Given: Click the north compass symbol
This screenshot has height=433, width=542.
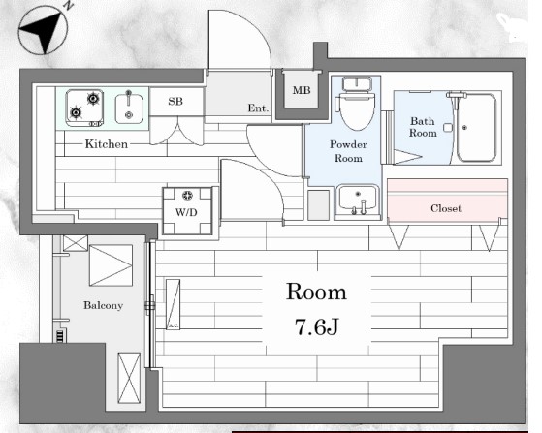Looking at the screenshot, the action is pyautogui.click(x=43, y=31).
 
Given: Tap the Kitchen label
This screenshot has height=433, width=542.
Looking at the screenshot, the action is pyautogui.click(x=107, y=144).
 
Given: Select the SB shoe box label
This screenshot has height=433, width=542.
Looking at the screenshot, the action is pyautogui.click(x=175, y=101).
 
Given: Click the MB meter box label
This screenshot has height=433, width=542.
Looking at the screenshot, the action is pyautogui.click(x=302, y=90).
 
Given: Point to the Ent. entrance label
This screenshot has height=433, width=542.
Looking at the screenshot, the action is pyautogui.click(x=258, y=108).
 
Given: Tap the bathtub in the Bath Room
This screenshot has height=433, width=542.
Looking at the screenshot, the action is pyautogui.click(x=476, y=128).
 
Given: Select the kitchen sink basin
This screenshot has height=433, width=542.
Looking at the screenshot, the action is pyautogui.click(x=129, y=108).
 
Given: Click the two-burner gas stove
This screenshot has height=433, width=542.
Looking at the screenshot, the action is pyautogui.click(x=84, y=108).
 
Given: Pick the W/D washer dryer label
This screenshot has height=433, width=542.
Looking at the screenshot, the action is pyautogui.click(x=186, y=212).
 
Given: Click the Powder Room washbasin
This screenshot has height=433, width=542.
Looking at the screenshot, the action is pyautogui.click(x=358, y=201).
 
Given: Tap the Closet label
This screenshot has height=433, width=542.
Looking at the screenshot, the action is pyautogui.click(x=446, y=208).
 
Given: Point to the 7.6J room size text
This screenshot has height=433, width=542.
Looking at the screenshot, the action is pyautogui.click(x=317, y=327).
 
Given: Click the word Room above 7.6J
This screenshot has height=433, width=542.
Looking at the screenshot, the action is pyautogui.click(x=316, y=293).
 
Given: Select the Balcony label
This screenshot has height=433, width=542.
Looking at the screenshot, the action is pyautogui.click(x=104, y=305).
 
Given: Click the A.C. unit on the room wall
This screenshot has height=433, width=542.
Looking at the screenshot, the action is pyautogui.click(x=173, y=304).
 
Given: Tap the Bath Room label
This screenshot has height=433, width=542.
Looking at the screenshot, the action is pyautogui.click(x=423, y=127).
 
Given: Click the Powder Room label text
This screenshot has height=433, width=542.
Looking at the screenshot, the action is pyautogui.click(x=348, y=151).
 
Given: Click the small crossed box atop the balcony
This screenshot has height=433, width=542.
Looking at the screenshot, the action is pyautogui.click(x=76, y=243).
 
